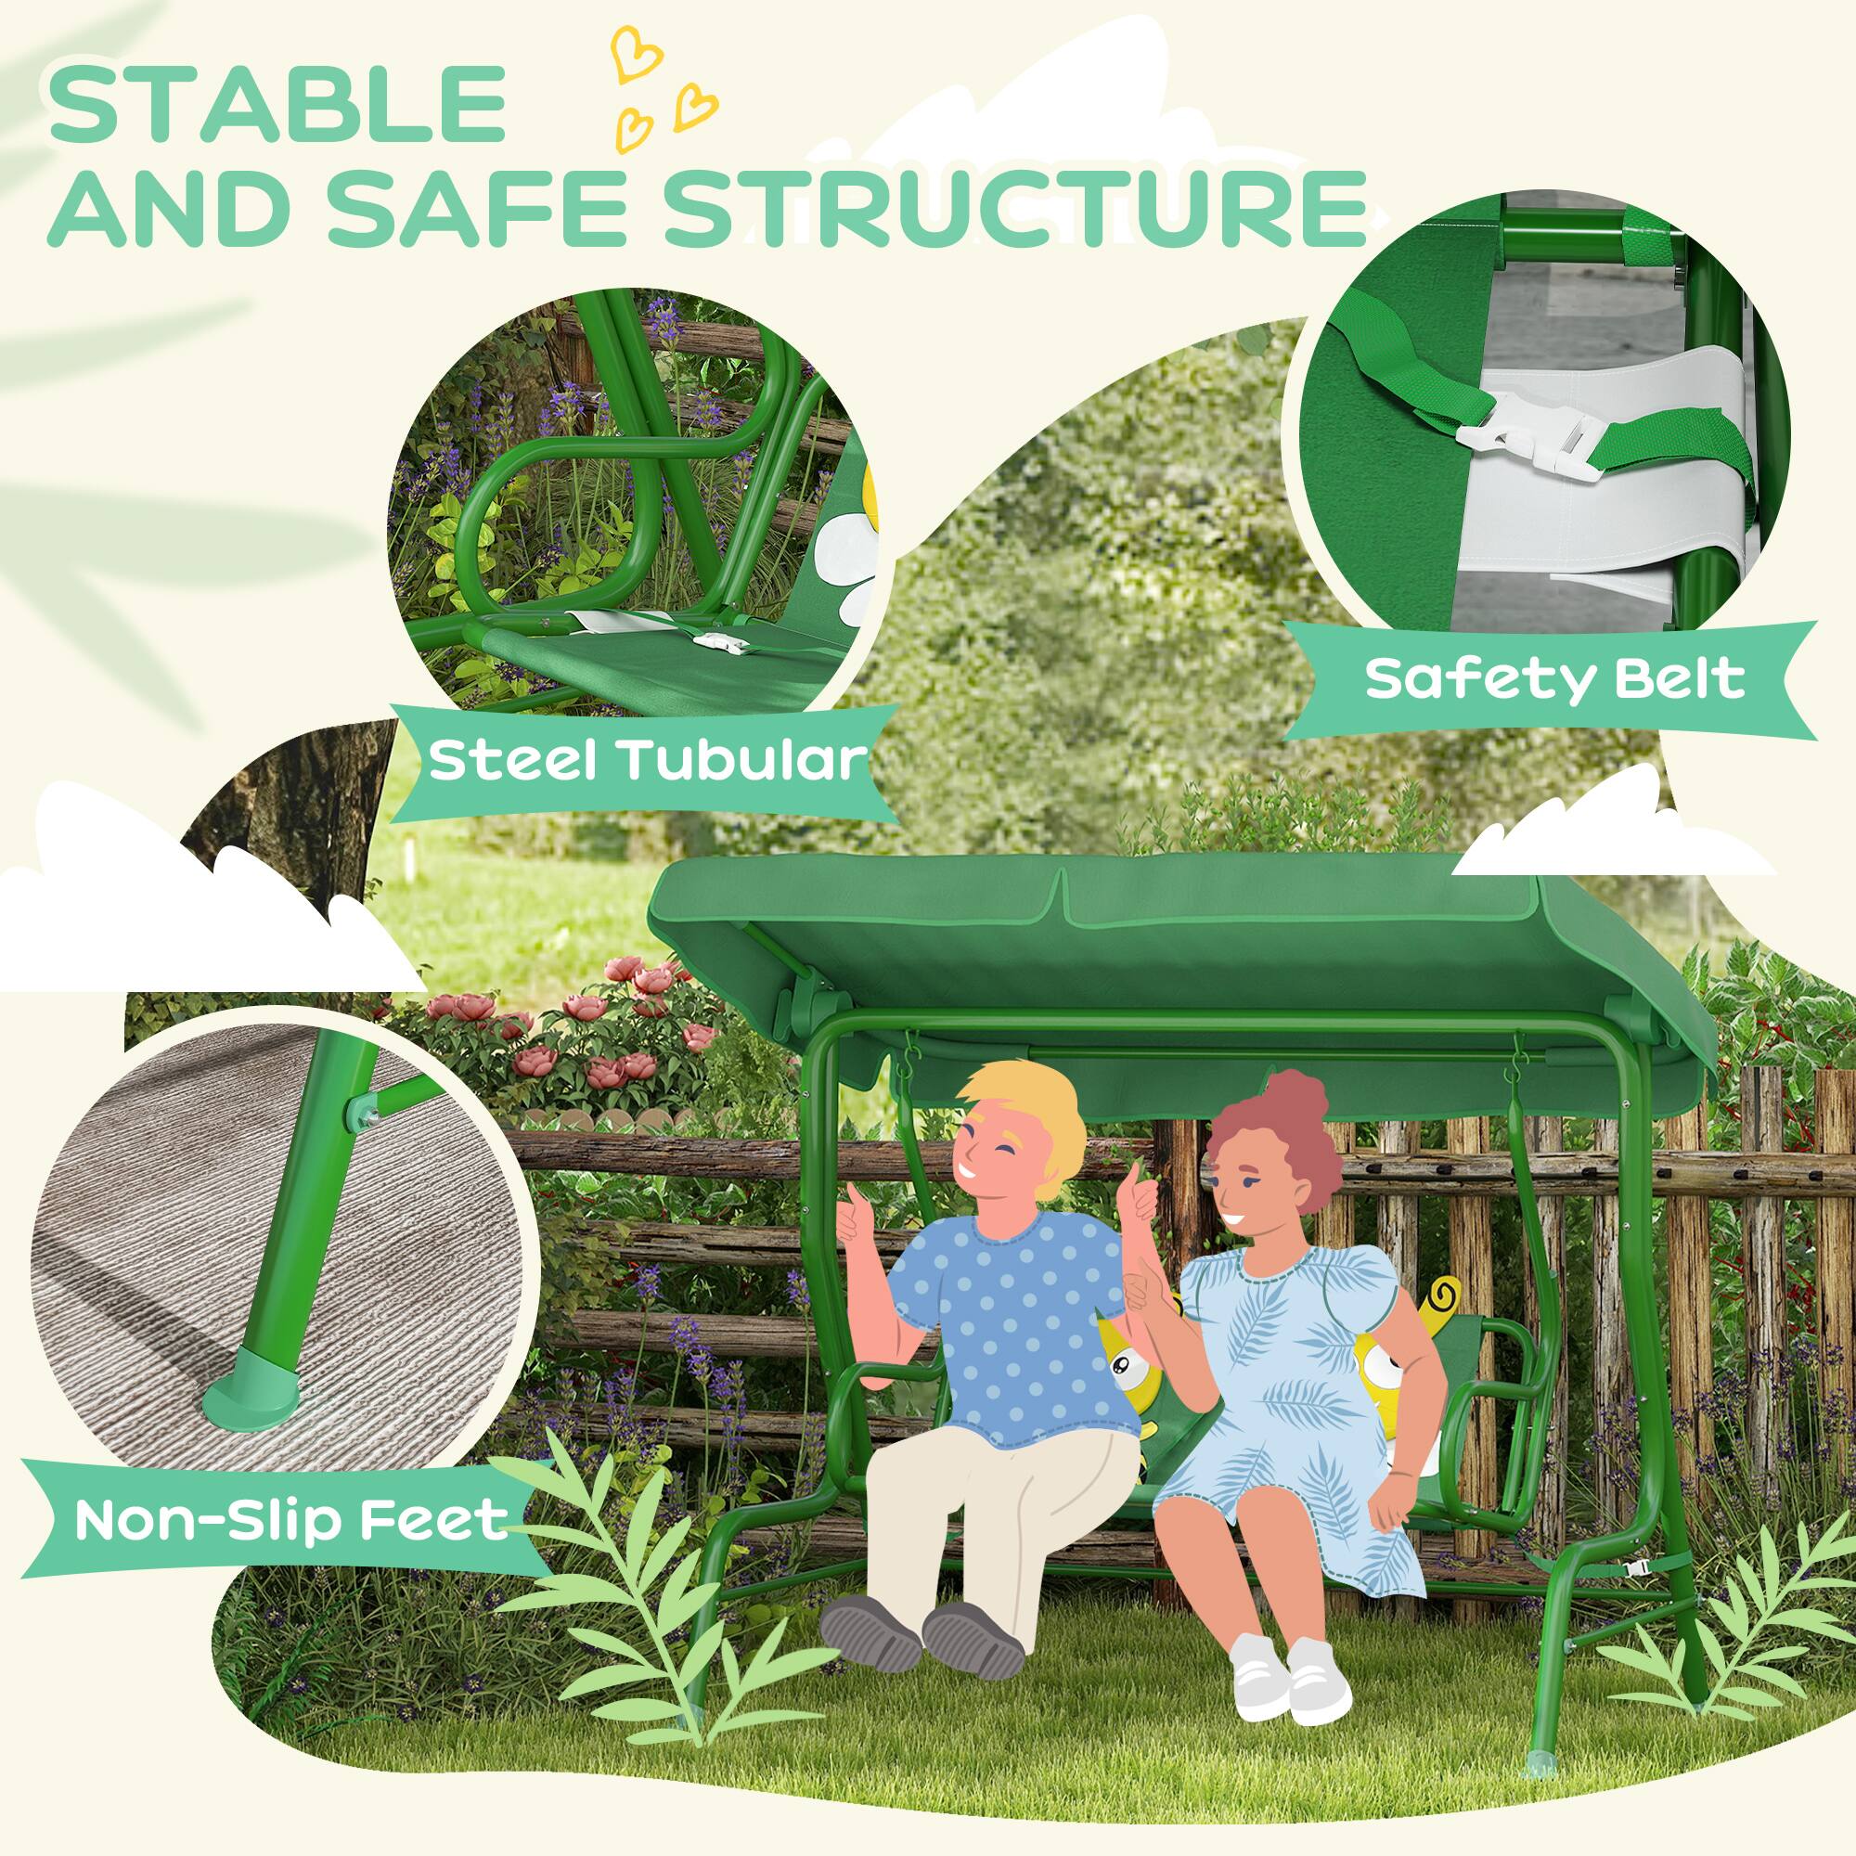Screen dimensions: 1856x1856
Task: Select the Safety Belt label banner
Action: (1553, 678)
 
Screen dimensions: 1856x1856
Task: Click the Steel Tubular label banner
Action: (647, 761)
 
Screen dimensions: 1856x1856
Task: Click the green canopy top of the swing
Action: (1104, 951)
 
